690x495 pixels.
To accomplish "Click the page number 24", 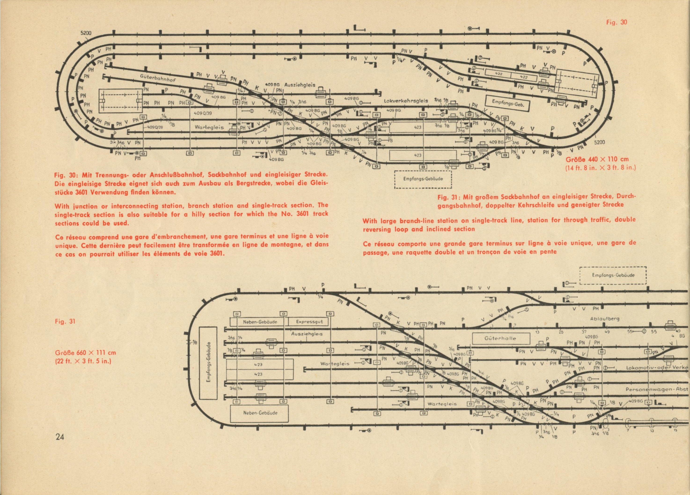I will tap(60, 437).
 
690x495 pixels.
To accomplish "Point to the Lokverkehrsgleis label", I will tap(406, 101).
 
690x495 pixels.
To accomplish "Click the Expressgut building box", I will tap(307, 322).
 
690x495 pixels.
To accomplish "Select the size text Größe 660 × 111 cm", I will tap(85, 353).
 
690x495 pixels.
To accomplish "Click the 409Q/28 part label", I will tap(155, 127).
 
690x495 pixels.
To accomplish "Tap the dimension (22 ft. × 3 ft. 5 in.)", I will tap(83, 361).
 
